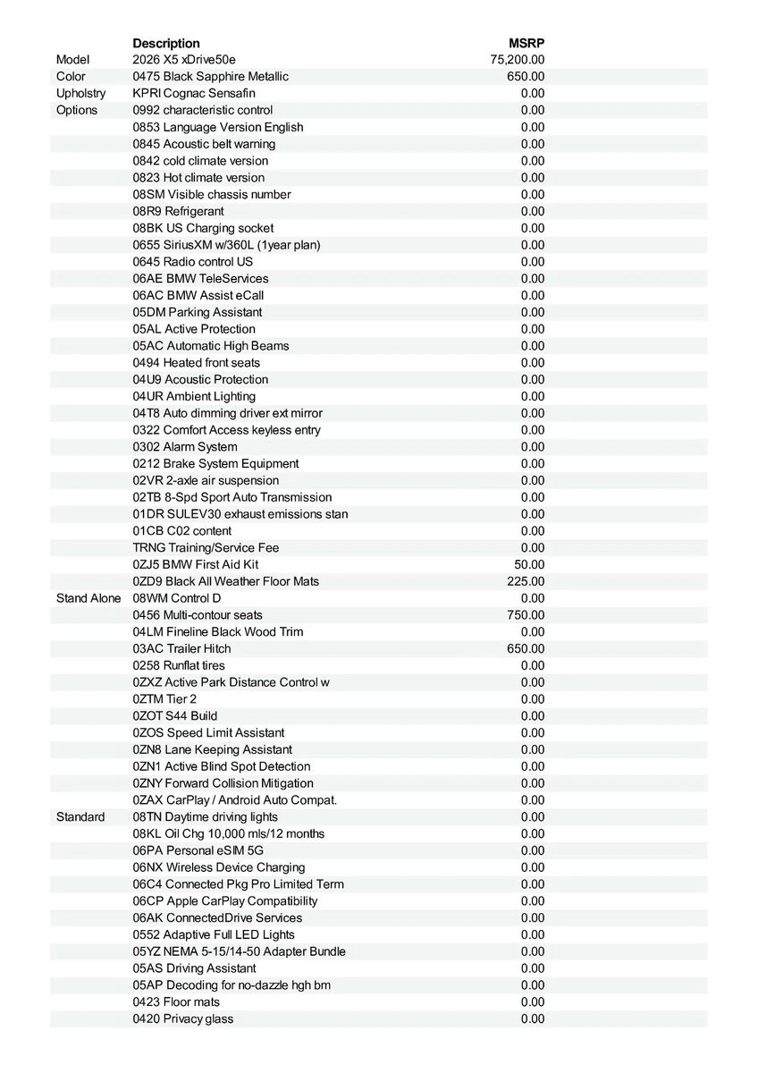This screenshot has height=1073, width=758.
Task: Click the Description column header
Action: [166, 43]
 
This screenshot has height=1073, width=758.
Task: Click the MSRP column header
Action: [526, 43]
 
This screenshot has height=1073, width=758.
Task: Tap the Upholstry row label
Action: [80, 93]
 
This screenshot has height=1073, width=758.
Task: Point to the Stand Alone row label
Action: [88, 598]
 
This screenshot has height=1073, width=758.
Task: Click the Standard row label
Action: [80, 817]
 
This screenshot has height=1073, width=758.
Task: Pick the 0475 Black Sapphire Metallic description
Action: [211, 77]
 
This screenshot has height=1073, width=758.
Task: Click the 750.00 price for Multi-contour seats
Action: [526, 615]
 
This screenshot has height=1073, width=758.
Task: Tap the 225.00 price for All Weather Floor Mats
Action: [526, 581]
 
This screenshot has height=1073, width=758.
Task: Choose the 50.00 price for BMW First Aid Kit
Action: [529, 565]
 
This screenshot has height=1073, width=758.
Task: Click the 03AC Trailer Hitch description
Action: [181, 649]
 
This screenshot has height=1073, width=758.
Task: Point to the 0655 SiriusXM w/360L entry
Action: [226, 245]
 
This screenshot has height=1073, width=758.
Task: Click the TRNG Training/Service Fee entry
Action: [206, 548]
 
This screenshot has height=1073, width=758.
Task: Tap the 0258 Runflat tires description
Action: [179, 666]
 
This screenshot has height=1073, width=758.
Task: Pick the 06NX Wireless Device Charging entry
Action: [219, 867]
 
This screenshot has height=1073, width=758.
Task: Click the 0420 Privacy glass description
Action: [183, 1019]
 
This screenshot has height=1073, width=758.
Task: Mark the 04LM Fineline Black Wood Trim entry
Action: [218, 632]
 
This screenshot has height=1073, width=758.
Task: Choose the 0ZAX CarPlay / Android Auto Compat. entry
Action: [235, 800]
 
